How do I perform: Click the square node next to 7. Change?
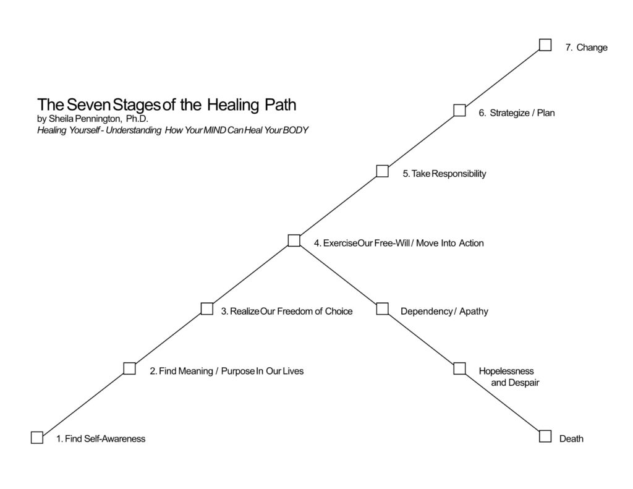[x=545, y=45]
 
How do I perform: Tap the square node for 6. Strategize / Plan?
[x=459, y=110]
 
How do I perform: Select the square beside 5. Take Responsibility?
[x=383, y=171]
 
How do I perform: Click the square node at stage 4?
[x=294, y=240]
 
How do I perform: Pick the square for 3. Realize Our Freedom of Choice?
[x=207, y=308]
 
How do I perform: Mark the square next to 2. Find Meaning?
[x=129, y=368]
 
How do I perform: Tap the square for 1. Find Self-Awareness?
[x=37, y=437]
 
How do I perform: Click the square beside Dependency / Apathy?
[x=382, y=308]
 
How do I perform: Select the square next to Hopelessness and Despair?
[x=459, y=368]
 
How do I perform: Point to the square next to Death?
[x=545, y=436]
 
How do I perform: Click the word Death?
[x=571, y=439]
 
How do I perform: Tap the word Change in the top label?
[x=592, y=48]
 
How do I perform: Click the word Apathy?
[x=474, y=312]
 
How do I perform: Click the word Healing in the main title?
[x=232, y=104]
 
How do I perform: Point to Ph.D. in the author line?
[x=138, y=118]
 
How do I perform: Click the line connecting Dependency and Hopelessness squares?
[x=421, y=339]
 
